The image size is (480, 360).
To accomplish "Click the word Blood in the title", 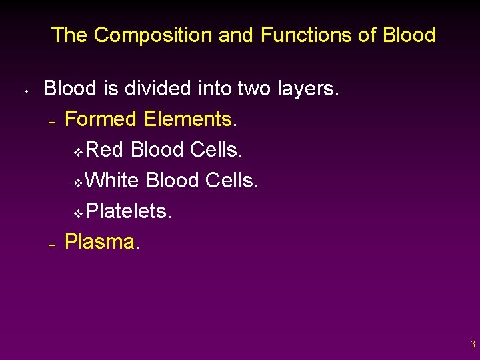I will pyautogui.click(x=409, y=35).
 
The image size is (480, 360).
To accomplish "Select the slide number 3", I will pyautogui.click(x=473, y=345).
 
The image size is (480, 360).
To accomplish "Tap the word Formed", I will pyautogui.click(x=101, y=119).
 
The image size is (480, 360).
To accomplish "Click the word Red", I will pyautogui.click(x=105, y=149).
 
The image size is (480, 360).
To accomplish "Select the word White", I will pyautogui.click(x=113, y=180).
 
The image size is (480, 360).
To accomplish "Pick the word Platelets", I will pyautogui.click(x=129, y=211).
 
